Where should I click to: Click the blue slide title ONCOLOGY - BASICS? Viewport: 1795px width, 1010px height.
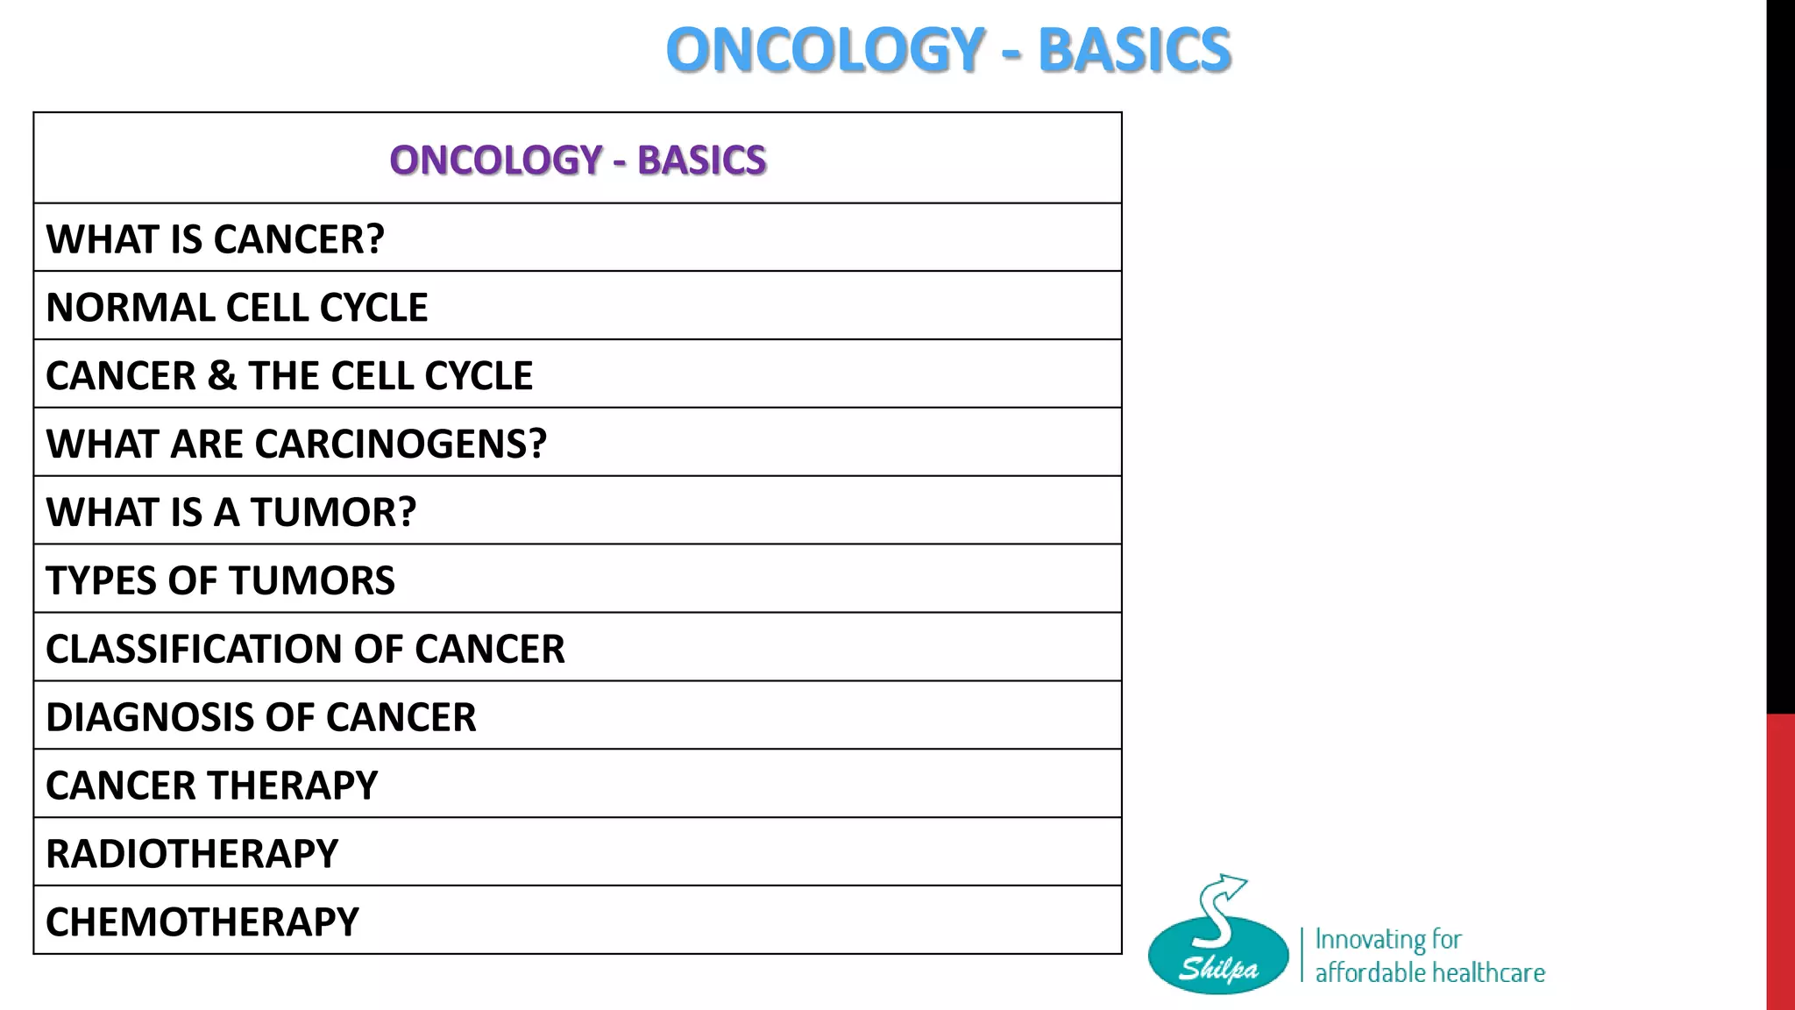click(948, 50)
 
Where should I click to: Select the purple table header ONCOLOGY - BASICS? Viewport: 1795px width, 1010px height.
click(578, 160)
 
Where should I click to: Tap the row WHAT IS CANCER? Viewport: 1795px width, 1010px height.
click(216, 239)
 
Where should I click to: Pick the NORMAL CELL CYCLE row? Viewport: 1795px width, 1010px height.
click(237, 308)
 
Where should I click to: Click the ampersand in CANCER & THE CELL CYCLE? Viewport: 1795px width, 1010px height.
click(222, 376)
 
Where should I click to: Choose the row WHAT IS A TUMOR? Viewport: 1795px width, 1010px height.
click(231, 512)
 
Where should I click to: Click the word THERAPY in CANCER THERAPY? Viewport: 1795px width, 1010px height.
click(293, 786)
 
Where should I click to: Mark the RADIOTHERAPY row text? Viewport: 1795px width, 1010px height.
click(192, 854)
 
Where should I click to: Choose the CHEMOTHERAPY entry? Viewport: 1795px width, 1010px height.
click(202, 922)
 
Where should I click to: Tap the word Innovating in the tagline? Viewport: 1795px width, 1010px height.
click(1370, 940)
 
